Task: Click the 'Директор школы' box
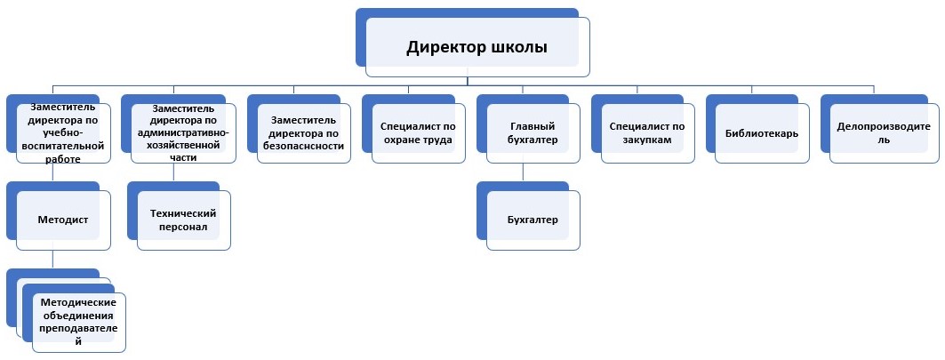click(477, 47)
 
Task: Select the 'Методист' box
click(63, 218)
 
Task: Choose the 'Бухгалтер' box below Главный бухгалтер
click(533, 220)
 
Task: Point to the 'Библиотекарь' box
click(762, 133)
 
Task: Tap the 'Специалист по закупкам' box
click(647, 132)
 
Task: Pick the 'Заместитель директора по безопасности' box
click(303, 132)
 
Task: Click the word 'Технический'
click(184, 212)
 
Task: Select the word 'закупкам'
click(647, 140)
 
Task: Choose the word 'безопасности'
click(303, 146)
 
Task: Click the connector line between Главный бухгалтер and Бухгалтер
click(526, 172)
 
